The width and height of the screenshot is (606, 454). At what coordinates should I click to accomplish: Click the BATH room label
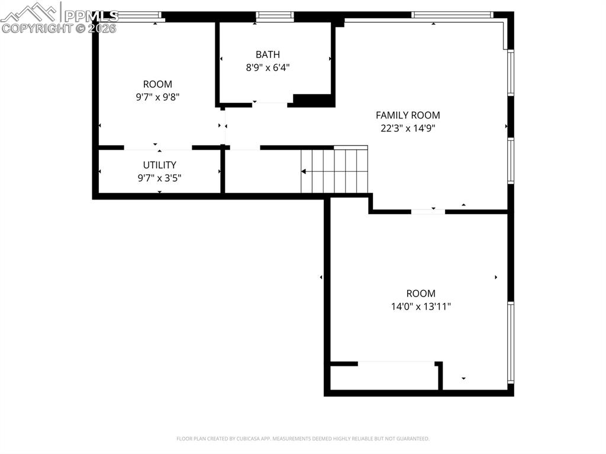(267, 54)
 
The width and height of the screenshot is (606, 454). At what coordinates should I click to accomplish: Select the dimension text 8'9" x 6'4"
(267, 67)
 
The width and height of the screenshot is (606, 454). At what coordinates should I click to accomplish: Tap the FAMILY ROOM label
(408, 115)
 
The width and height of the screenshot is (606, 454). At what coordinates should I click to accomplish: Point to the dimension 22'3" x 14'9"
(408, 128)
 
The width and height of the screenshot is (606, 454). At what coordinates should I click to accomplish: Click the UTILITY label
(159, 165)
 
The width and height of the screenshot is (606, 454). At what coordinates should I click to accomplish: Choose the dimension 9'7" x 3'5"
(159, 178)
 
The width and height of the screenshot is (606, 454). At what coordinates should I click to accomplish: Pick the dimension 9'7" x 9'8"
(157, 97)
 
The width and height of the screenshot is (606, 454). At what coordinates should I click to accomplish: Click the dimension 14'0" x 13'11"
(420, 307)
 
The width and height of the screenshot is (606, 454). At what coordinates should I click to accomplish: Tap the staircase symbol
(334, 171)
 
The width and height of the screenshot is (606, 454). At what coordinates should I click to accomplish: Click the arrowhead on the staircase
(304, 172)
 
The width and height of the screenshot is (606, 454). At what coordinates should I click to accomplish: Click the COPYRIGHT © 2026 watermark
(59, 28)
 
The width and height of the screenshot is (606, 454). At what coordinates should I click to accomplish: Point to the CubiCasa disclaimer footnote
(302, 439)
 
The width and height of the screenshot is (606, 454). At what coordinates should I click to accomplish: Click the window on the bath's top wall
(275, 16)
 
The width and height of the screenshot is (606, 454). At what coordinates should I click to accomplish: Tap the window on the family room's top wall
(452, 15)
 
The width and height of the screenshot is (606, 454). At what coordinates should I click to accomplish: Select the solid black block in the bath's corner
(313, 100)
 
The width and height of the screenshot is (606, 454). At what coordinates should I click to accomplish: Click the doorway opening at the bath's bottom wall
(270, 104)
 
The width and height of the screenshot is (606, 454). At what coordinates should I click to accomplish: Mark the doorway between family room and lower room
(428, 211)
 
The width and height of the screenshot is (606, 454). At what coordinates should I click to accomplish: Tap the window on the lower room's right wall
(510, 342)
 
